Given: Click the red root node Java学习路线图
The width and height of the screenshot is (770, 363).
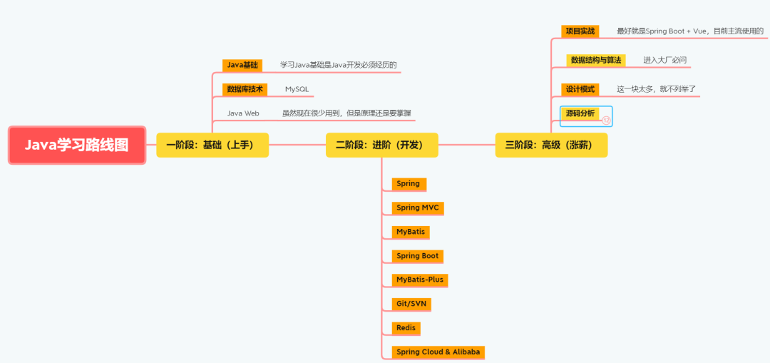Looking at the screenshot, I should pos(77,145).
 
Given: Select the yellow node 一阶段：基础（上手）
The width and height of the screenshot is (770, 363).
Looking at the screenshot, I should pos(212,145).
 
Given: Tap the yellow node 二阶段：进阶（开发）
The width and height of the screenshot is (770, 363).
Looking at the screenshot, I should pos(382,145).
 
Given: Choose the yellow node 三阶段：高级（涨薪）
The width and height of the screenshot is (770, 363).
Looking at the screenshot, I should pos(551,145).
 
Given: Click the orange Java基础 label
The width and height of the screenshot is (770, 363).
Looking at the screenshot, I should pos(242,65).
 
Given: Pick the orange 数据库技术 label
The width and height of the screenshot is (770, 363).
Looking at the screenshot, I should pos(245,89).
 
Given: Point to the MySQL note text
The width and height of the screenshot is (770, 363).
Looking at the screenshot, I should pos(297,89).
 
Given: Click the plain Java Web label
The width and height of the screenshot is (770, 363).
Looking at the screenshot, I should pos(243,113).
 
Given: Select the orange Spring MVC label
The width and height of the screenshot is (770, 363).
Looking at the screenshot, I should pos(418,208).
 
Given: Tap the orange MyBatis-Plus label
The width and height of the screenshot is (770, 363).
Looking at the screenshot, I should pos(420,280).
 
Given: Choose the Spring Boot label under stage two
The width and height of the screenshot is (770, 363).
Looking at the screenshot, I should pos(418,255).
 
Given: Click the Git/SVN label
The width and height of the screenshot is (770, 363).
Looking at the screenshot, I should pos(411,304).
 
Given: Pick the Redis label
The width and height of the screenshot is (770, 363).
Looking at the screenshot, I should pos(406,328).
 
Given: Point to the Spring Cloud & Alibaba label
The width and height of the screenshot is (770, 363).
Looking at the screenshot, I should pos(438,352).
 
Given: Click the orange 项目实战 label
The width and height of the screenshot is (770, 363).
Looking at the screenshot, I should pos(580,31).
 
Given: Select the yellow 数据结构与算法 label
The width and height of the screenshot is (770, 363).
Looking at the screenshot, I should pos(596,60).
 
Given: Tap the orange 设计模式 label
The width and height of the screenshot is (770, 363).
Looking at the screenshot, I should pos(580,89).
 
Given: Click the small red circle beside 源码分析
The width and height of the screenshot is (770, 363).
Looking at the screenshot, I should pos(606,121).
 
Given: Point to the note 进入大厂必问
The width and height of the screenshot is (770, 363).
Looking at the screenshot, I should pos(664,60).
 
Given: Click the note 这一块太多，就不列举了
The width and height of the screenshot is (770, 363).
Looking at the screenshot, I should pos(656,89).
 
